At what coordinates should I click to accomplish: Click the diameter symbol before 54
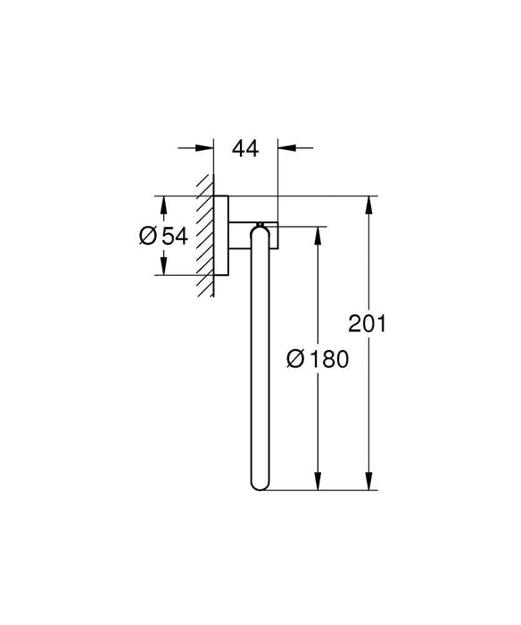tap(149, 236)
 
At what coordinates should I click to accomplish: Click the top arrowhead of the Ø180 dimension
tap(314, 235)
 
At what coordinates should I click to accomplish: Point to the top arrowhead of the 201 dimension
tap(367, 204)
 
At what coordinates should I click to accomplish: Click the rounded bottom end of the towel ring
tap(260, 483)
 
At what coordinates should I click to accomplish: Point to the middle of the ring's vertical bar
tap(260, 357)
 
